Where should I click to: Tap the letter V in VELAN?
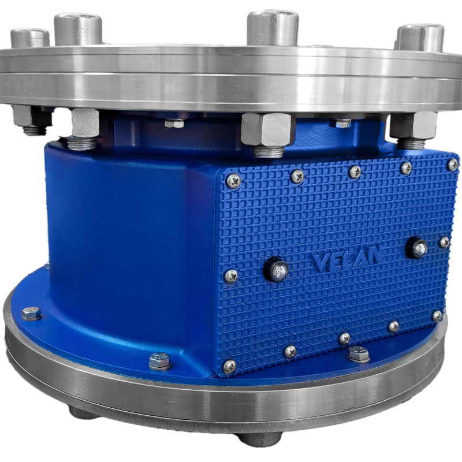[x=319, y=263]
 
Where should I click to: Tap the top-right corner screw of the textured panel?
[x=451, y=164]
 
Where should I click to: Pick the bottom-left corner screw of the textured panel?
[x=229, y=365]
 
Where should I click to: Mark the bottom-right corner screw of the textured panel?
[x=437, y=315]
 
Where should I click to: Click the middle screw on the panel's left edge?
[x=230, y=275]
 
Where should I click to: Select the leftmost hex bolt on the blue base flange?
[x=31, y=314]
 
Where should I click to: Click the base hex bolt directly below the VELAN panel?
[x=358, y=354]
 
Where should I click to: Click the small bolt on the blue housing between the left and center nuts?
[x=174, y=123]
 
